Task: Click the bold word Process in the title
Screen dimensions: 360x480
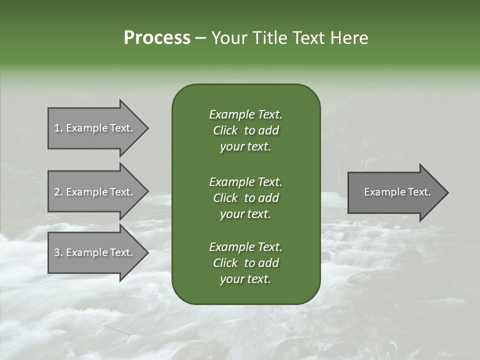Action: (157, 38)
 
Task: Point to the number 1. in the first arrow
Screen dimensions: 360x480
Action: (58, 128)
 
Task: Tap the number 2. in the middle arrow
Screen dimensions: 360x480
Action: (58, 192)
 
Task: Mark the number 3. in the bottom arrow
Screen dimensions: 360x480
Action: (58, 252)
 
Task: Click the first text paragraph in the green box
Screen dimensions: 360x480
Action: (245, 130)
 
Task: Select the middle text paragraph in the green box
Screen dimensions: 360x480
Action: (245, 198)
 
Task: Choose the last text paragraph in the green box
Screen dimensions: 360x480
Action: (245, 263)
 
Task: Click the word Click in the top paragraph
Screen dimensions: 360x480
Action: (225, 130)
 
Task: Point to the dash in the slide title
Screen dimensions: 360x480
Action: (200, 38)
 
